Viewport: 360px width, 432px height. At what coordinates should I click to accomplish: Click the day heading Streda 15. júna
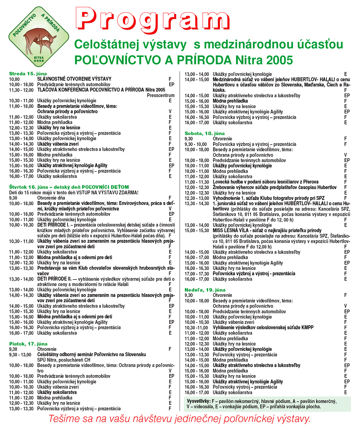[x=28, y=74]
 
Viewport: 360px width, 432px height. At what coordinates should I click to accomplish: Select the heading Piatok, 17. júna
[x=28, y=344]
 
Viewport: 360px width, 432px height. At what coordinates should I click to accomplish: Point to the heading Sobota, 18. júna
[x=204, y=133]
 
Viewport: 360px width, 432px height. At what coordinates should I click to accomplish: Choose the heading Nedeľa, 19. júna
[x=205, y=290]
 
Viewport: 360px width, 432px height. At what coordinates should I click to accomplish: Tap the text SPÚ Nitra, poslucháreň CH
[x=64, y=360]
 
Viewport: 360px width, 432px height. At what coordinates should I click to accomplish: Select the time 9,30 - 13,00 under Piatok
[x=19, y=355]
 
